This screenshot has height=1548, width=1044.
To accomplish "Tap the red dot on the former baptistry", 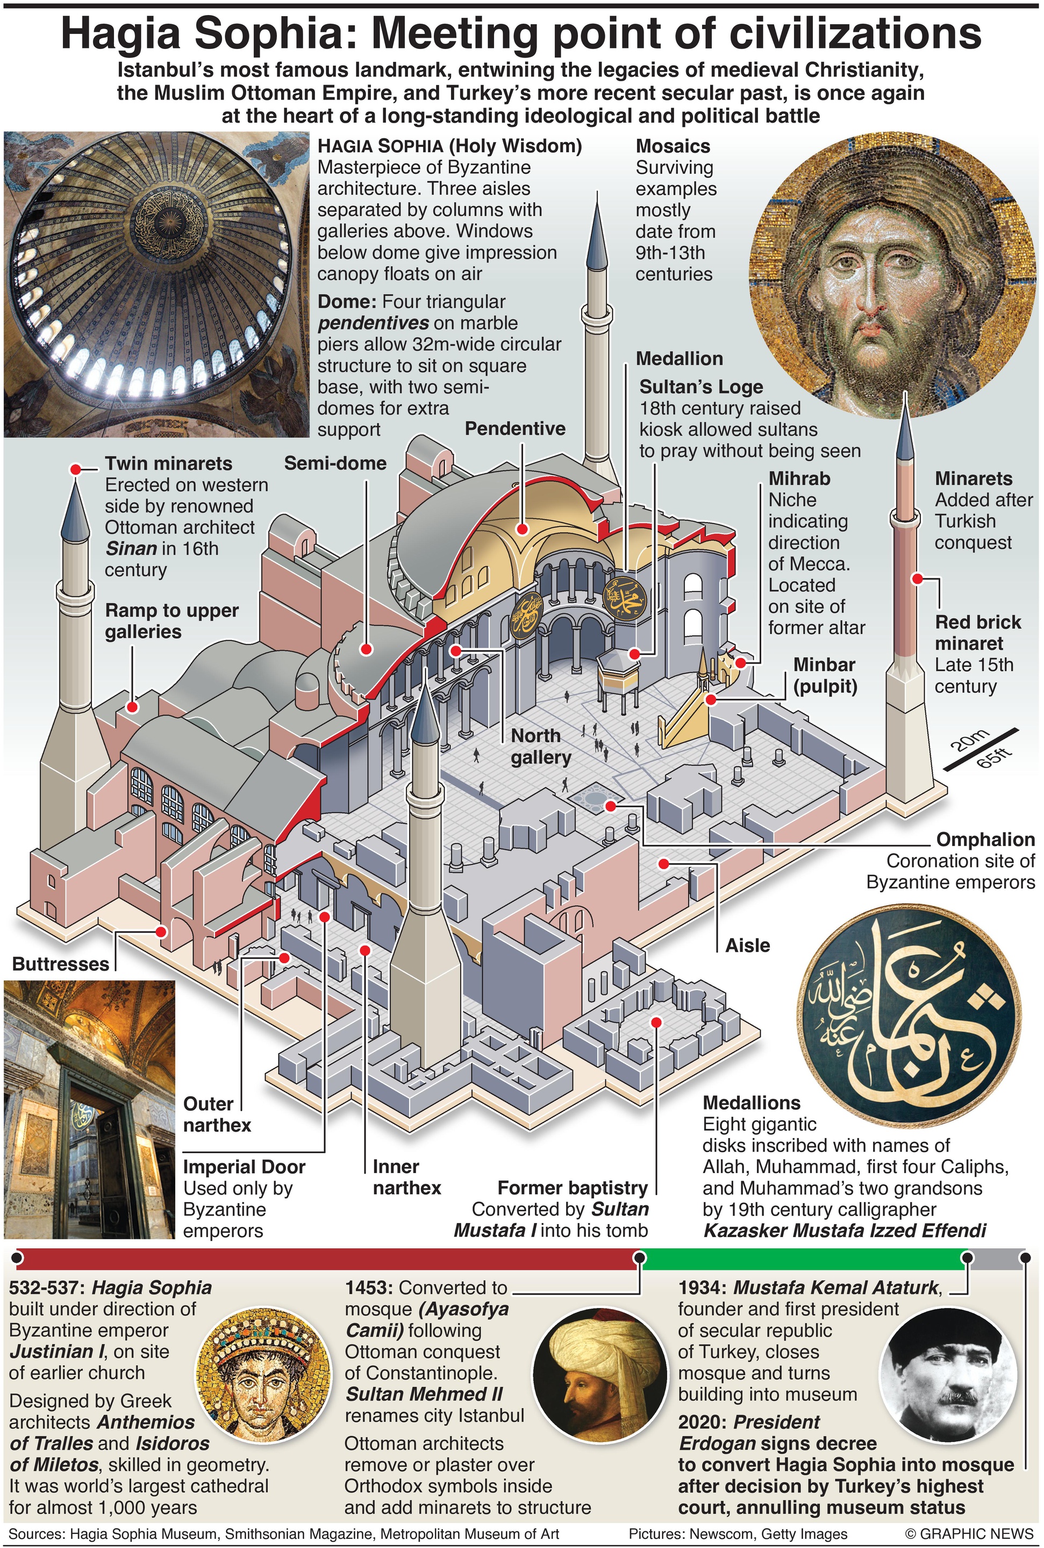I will point(656,1022).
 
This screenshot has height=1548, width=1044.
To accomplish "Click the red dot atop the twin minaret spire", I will point(76,470).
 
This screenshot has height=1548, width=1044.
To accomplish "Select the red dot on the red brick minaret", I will point(918,579).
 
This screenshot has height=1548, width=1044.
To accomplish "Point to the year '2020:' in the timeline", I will point(703,1422).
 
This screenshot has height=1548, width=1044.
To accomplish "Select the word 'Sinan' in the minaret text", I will point(125,548).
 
